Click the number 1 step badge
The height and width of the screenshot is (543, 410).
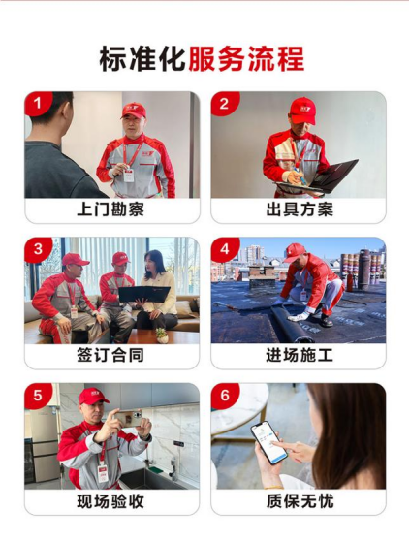(38, 103)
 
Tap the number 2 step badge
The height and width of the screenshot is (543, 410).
(225, 103)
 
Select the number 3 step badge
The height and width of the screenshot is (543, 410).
(38, 248)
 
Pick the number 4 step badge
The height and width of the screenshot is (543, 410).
(225, 248)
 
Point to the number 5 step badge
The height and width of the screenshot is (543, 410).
(38, 395)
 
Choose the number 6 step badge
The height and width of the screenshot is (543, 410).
(225, 395)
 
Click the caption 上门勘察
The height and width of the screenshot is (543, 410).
(110, 209)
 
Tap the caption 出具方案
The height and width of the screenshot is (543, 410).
(300, 209)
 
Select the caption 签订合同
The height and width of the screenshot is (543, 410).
(110, 356)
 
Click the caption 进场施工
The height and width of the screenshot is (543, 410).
(300, 356)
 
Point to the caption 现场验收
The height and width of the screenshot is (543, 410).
(110, 501)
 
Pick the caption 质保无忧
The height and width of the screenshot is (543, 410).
(300, 501)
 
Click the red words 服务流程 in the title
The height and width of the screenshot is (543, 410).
(246, 59)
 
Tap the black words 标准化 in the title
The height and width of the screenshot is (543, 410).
(143, 59)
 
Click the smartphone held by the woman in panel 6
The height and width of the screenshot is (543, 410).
(269, 443)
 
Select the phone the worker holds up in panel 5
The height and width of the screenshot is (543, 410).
(128, 418)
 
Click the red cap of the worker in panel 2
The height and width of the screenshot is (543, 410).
(303, 111)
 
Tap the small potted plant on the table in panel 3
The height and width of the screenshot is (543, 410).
(161, 335)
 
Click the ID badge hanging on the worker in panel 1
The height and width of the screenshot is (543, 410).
(129, 175)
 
